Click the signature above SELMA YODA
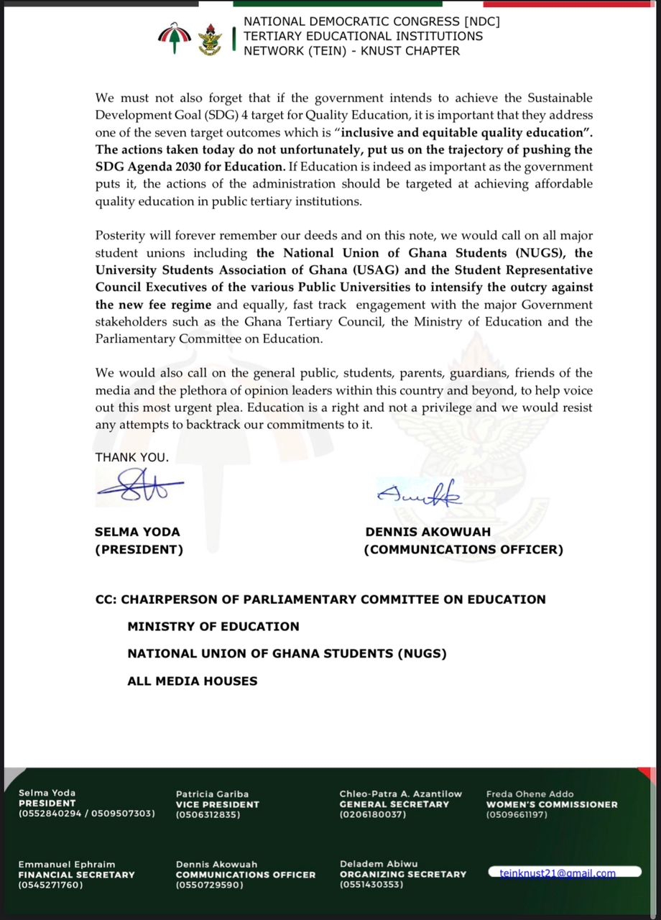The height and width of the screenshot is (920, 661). tap(139, 487)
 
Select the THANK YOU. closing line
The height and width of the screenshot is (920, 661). tap(132, 457)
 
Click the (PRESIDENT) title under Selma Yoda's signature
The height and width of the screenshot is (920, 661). tap(139, 550)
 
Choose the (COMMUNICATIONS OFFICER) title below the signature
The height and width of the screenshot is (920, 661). tap(463, 550)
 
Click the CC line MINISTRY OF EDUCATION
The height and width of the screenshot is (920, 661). tap(213, 627)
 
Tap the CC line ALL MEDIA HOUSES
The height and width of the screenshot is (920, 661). tap(192, 681)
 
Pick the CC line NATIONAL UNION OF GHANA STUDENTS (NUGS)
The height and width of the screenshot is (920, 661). tap(287, 654)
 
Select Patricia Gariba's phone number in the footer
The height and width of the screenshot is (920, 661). tap(208, 815)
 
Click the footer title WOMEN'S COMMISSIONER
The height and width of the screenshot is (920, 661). tap(551, 804)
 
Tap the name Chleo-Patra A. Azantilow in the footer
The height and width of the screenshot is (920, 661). tap(400, 793)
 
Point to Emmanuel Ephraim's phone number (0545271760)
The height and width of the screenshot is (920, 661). tap(50, 885)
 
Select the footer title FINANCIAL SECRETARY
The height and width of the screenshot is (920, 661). tap(76, 875)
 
